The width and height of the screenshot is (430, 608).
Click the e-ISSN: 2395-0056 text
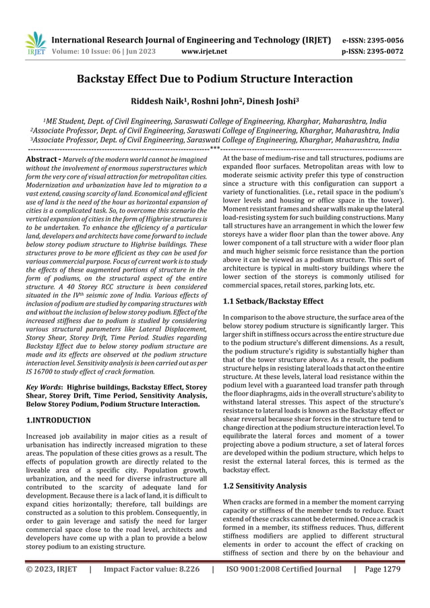375,39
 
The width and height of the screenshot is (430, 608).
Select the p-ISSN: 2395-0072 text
375,51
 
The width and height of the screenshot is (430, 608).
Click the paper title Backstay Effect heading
214,79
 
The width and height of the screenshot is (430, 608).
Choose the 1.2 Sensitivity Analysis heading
264,485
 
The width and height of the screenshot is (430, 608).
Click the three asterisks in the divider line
214,148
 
